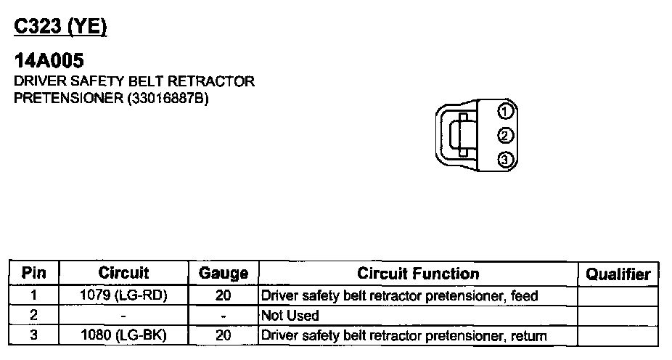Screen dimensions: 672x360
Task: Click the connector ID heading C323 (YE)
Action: (61, 28)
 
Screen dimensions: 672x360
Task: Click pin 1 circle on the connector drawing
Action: (506, 111)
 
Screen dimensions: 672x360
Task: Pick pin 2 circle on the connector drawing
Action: (506, 135)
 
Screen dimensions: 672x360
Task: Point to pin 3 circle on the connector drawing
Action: (506, 160)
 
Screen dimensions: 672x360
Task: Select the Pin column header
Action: (34, 274)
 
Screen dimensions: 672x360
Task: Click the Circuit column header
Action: (123, 274)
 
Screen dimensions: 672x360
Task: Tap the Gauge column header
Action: (223, 274)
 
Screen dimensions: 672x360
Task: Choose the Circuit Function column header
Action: (418, 274)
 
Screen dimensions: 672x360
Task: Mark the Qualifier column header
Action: (618, 274)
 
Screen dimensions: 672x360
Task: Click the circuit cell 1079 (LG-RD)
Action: (123, 296)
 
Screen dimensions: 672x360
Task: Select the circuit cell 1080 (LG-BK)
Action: (123, 335)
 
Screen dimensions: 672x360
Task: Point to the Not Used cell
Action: (290, 316)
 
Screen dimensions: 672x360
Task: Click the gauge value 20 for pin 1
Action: (223, 296)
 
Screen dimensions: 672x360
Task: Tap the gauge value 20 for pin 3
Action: (223, 335)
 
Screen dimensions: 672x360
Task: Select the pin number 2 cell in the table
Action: (34, 316)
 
